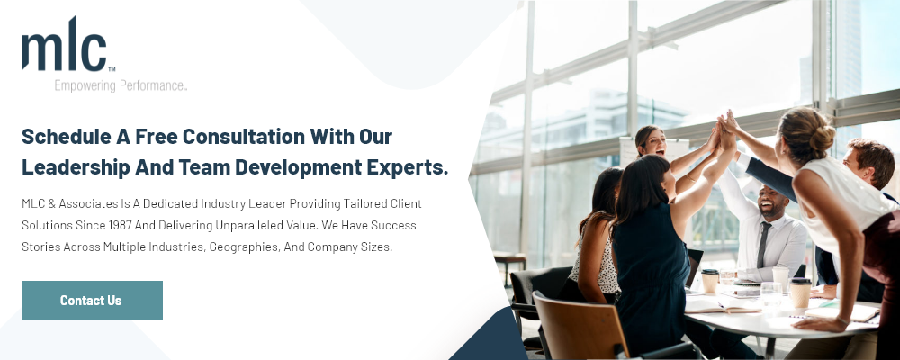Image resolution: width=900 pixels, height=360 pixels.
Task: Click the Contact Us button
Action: coord(92,301)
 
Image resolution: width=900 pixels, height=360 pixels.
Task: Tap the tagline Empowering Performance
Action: coord(121,86)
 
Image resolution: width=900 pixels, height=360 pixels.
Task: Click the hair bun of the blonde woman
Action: coord(822,138)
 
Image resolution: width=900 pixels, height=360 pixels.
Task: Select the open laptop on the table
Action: coord(693,270)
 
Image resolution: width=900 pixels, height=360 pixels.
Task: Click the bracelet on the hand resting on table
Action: coord(841,319)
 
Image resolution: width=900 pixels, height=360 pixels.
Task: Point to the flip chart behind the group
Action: coord(654,152)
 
